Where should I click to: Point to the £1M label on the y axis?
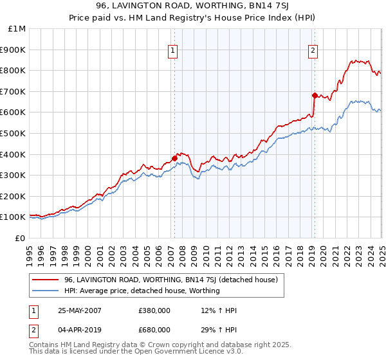[x=17, y=29]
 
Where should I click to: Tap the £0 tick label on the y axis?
[x=21, y=238]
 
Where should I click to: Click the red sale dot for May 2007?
[x=174, y=158]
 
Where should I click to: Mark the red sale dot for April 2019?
[x=315, y=95]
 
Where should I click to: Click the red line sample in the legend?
[x=46, y=280]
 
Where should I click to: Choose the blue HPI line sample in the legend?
[x=46, y=291]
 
